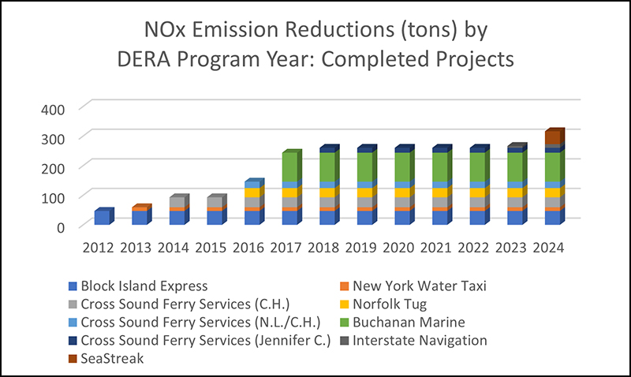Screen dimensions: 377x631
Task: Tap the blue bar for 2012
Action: (x=102, y=218)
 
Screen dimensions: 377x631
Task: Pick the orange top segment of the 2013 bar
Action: (x=140, y=209)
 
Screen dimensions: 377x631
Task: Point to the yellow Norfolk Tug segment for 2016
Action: (x=252, y=192)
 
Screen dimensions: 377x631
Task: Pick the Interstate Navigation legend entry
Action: (x=419, y=341)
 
